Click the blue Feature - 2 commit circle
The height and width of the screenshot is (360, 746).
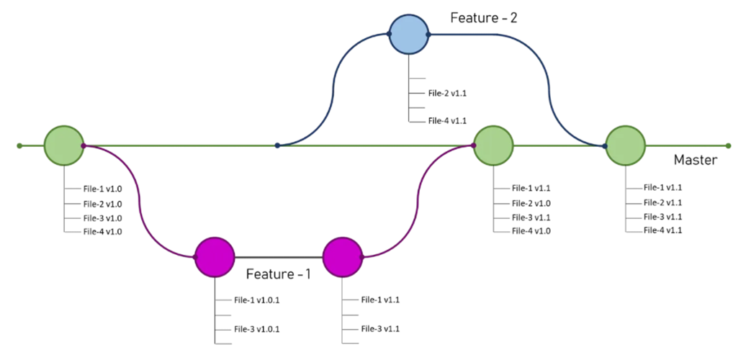point(409,35)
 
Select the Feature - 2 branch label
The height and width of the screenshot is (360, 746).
point(483,18)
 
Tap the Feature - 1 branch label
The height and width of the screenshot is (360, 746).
point(279,274)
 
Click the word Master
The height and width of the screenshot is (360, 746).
point(695,161)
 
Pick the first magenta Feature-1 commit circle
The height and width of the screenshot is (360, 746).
point(215,257)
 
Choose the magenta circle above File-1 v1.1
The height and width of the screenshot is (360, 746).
point(343,257)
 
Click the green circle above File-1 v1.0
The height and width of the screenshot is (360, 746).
point(64,145)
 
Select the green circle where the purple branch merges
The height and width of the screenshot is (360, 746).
point(493,145)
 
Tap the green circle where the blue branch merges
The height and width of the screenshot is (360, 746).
point(625,145)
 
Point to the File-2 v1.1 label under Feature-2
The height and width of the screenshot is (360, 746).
point(446,94)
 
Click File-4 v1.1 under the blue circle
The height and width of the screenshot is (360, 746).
point(446,121)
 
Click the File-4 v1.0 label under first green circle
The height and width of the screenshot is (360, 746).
point(102,233)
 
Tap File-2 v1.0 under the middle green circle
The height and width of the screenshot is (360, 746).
point(531,203)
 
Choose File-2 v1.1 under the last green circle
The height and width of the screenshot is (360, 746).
point(662,202)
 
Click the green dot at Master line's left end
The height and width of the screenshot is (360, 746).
point(19,145)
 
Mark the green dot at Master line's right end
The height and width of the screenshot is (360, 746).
point(729,145)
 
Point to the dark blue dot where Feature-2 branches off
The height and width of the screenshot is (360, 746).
point(277,145)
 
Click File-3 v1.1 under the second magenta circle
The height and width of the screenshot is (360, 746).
point(380,329)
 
